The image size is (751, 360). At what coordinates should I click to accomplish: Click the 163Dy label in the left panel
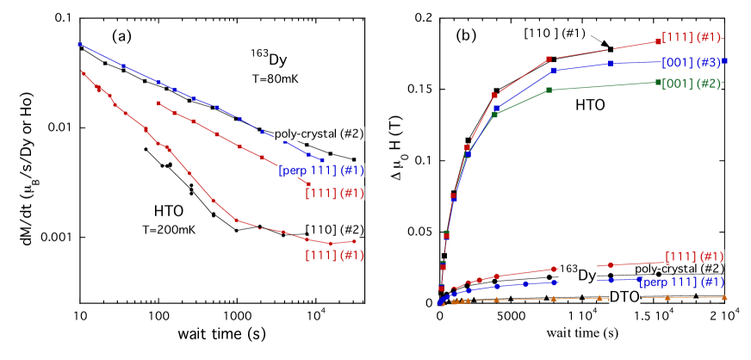[269, 58]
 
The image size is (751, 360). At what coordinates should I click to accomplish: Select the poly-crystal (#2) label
[319, 133]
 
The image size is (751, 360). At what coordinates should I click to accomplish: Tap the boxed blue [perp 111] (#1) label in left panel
[321, 171]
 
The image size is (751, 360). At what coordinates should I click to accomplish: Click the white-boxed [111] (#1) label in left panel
[334, 193]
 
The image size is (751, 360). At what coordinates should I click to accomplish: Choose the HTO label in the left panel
[169, 210]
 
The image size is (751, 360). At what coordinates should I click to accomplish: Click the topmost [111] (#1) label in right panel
[692, 37]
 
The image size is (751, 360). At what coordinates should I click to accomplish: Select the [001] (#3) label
[692, 62]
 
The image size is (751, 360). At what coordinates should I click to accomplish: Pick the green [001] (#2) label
[691, 84]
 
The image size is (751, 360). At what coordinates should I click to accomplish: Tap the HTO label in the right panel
[590, 105]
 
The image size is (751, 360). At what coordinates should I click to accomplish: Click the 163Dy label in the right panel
[578, 272]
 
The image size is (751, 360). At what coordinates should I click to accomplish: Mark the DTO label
[624, 296]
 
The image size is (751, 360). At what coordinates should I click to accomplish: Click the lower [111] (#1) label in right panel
[694, 257]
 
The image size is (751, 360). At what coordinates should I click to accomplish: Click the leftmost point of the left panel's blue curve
[79, 44]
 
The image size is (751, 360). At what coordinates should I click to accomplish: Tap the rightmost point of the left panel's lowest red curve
[354, 241]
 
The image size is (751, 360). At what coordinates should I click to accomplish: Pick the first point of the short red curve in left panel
[158, 102]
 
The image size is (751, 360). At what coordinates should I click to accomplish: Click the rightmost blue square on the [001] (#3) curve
[726, 61]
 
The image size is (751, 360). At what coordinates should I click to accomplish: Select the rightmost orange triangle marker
[724, 297]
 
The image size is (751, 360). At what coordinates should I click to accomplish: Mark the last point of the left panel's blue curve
[322, 160]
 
